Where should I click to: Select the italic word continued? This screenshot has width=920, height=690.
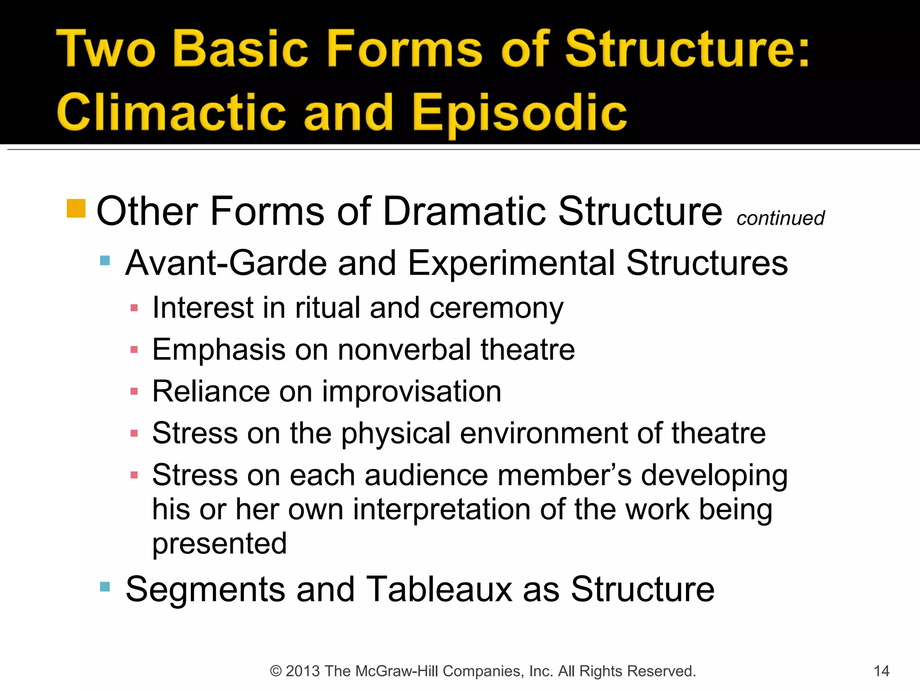click(x=780, y=218)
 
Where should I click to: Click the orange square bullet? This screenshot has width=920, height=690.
click(x=76, y=208)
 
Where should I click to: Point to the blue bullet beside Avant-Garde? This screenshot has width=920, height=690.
click(x=105, y=261)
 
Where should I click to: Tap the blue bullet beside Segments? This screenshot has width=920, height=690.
click(x=105, y=586)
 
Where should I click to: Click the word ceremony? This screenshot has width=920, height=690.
click(x=496, y=309)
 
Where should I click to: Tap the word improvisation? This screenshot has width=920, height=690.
click(x=411, y=391)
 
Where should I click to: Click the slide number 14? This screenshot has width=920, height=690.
click(x=881, y=671)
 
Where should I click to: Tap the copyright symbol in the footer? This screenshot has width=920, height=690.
click(x=275, y=671)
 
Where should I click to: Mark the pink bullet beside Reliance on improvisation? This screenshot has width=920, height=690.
click(x=134, y=392)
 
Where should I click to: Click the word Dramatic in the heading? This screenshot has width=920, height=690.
click(x=465, y=211)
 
